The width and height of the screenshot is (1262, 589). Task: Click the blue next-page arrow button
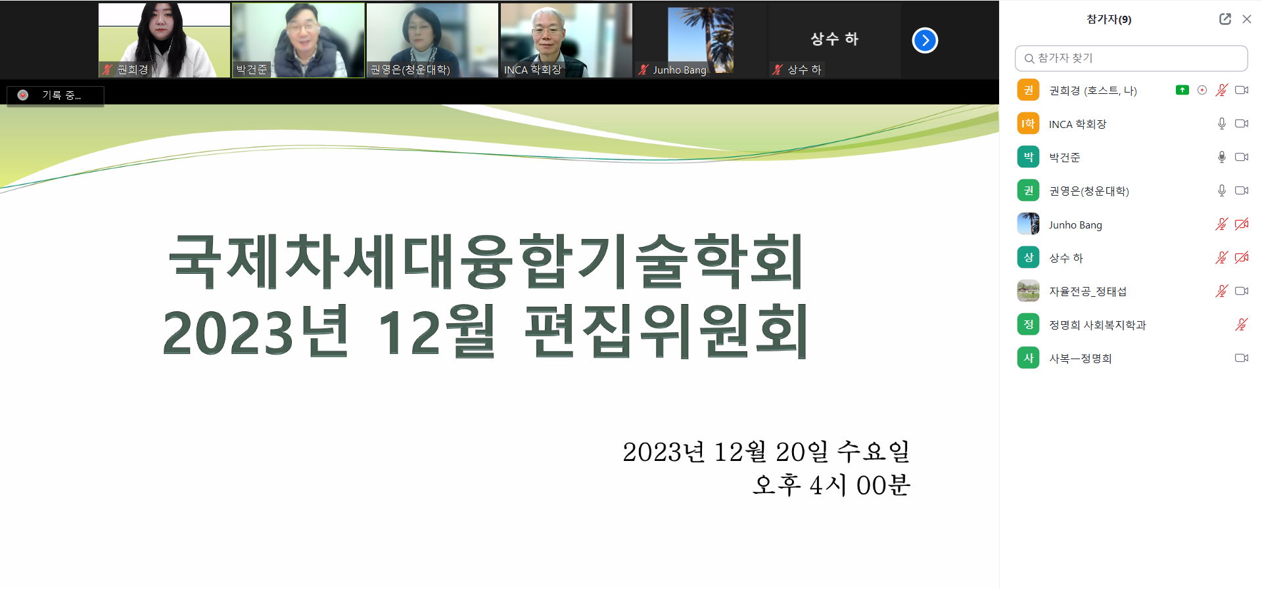[925, 40]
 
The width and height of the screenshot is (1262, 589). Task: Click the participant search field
[1131, 58]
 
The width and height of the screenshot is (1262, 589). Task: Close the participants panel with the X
[1246, 19]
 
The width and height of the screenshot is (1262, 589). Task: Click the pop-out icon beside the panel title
[1225, 19]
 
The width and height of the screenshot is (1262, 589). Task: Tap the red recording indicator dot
[23, 95]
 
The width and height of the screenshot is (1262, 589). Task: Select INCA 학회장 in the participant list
[1077, 124]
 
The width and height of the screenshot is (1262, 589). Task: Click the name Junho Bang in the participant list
[1075, 225]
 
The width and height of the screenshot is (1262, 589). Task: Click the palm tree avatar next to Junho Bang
[1028, 224]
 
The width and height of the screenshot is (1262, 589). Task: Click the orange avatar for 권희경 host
[1028, 90]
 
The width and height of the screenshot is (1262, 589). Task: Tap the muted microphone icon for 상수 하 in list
[1221, 257]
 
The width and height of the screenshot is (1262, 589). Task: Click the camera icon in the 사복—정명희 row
[1242, 358]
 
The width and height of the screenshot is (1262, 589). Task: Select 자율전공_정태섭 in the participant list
[1087, 292]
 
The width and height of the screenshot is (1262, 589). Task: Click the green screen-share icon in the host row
[1182, 90]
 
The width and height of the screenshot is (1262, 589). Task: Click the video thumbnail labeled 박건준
[298, 40]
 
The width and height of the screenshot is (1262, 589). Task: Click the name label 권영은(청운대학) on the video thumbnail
[410, 70]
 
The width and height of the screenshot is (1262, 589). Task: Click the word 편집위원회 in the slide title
[666, 331]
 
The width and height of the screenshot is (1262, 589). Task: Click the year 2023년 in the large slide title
[256, 331]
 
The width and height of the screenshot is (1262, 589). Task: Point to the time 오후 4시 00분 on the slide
[831, 485]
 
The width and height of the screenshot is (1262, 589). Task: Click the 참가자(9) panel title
[1109, 19]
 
